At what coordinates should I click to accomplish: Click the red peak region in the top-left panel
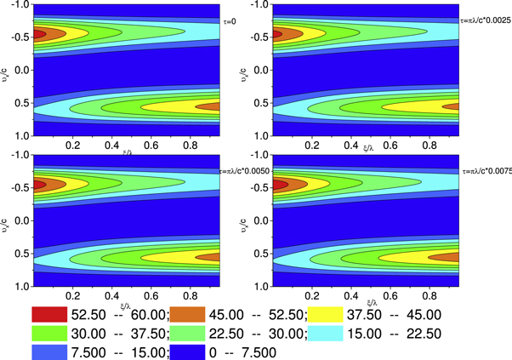37,36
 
